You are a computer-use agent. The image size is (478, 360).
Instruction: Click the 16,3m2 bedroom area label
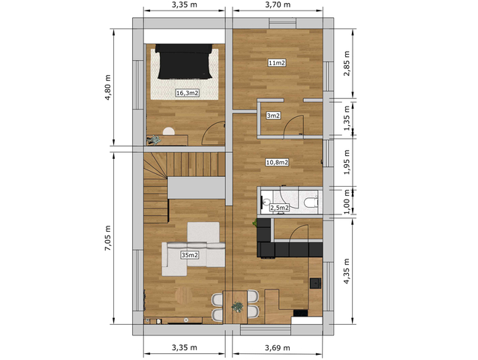188,93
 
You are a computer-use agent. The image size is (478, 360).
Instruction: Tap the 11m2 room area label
277,63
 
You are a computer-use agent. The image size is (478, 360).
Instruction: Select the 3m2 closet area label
273,115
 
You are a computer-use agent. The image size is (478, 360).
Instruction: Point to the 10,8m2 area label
277,162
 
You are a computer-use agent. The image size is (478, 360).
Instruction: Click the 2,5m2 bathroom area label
280,208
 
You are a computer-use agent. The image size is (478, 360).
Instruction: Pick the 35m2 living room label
190,255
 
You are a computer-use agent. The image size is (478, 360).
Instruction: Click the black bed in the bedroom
185,61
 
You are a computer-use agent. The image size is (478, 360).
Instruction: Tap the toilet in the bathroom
311,202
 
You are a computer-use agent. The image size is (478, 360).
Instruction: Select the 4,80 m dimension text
108,88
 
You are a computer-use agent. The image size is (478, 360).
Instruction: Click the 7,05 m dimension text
108,238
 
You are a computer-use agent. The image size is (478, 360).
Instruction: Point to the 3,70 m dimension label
278,4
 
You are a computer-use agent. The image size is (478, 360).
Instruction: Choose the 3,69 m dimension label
278,347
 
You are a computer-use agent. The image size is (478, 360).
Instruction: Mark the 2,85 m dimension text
347,63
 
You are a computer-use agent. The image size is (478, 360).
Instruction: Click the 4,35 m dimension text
347,271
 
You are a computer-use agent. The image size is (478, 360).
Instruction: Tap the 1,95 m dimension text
347,162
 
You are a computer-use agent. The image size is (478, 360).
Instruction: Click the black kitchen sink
315,283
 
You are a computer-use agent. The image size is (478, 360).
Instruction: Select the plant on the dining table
237,307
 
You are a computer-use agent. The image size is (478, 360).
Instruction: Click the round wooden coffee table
184,294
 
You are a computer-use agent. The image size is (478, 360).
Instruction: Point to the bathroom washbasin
265,201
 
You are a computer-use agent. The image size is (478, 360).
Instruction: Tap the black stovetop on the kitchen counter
300,313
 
